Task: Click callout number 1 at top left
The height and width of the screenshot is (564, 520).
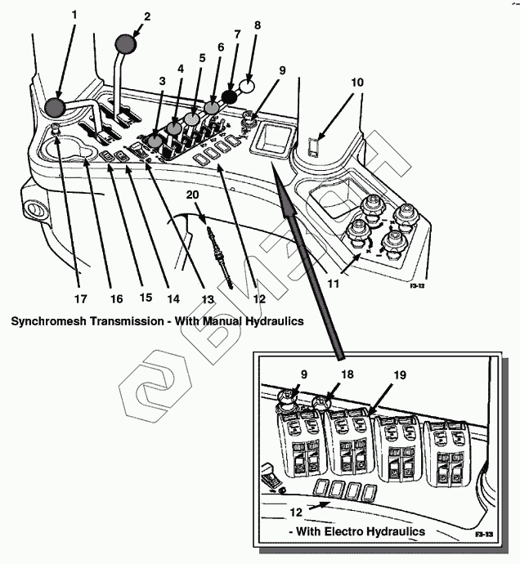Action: [x=74, y=14]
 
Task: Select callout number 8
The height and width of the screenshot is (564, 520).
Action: [x=258, y=25]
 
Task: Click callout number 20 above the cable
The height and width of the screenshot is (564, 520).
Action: [x=192, y=195]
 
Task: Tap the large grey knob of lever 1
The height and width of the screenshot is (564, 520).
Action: [x=56, y=106]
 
